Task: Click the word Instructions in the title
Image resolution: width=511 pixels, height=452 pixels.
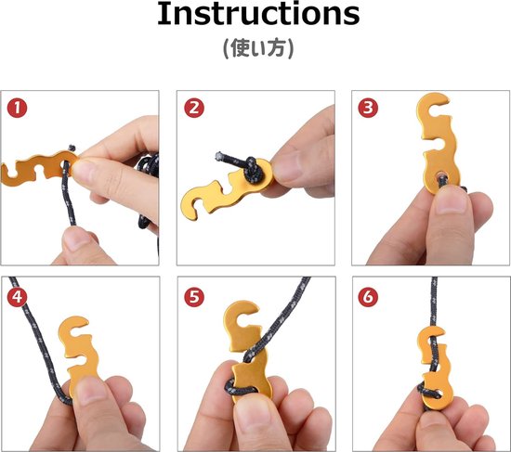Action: point(258,14)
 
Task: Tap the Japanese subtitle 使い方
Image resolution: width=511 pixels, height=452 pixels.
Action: point(258,48)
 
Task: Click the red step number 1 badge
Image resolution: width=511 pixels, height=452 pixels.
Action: point(18,109)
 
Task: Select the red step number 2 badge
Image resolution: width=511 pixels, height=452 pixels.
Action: point(194,108)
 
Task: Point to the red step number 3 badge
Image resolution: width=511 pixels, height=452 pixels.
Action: point(368,108)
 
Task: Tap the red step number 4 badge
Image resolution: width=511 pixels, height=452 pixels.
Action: point(18,297)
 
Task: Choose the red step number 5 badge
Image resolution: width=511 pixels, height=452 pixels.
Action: point(194,297)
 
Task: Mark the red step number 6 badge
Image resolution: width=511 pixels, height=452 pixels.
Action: point(368,297)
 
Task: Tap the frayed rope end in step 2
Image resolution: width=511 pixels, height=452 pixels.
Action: point(219,156)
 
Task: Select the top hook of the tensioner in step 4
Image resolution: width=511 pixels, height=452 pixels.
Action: point(73,328)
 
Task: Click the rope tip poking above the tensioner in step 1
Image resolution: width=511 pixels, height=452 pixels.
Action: point(72,149)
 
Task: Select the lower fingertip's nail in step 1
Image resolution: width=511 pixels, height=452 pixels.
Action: point(75,240)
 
